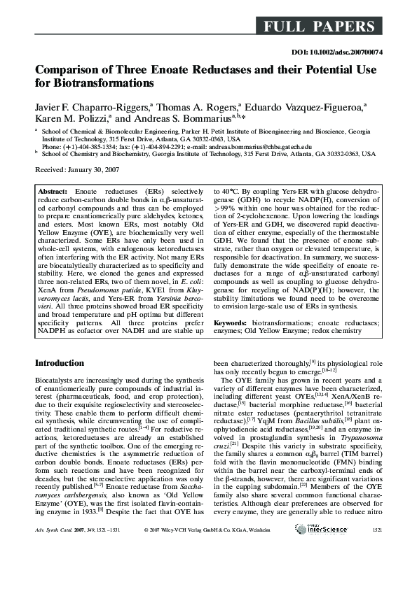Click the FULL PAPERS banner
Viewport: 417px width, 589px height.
pos(319,27)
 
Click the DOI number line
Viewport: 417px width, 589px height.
pos(334,52)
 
